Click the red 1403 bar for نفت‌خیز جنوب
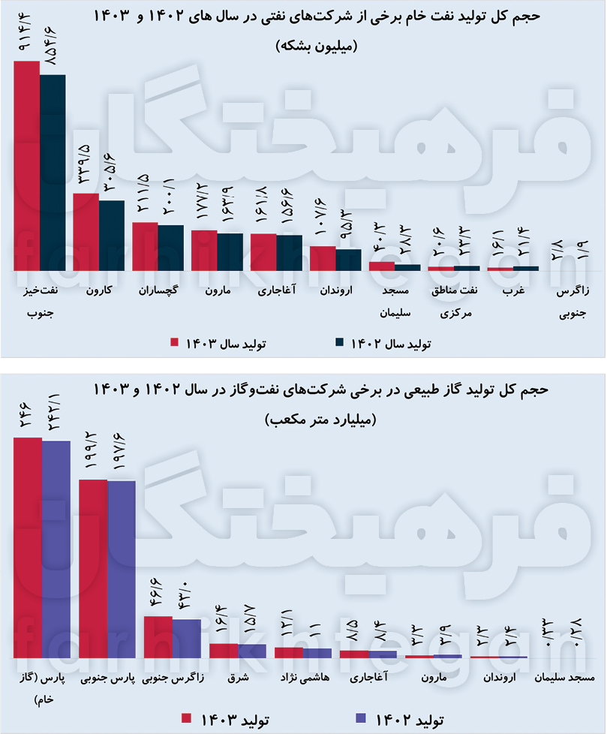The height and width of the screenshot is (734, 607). [x=27, y=165]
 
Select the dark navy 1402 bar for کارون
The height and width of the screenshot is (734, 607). [x=112, y=235]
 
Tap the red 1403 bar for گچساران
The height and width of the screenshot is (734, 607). [x=145, y=246]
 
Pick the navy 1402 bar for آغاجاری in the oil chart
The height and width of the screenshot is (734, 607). [x=289, y=252]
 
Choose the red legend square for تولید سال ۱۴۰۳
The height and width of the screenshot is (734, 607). [x=175, y=342]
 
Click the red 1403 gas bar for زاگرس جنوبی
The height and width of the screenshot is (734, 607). [x=158, y=637]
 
